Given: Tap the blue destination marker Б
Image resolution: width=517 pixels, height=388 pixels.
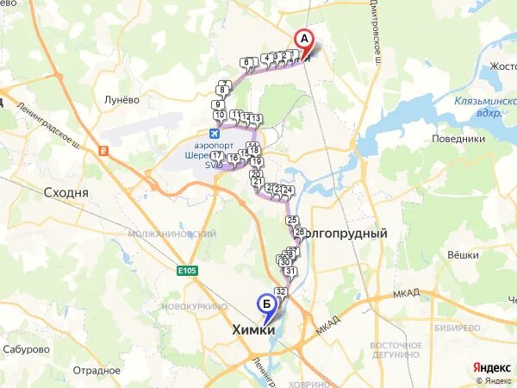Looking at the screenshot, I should (x=267, y=304).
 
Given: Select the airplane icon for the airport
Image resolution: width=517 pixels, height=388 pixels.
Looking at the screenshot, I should (x=215, y=133).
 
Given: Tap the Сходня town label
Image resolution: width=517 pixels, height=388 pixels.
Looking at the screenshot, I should (x=65, y=193).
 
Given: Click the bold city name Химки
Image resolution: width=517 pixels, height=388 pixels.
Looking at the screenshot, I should (x=254, y=330).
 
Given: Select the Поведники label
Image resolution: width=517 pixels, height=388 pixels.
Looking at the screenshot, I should (x=458, y=139).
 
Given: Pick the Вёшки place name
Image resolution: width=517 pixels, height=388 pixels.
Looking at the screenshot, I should (x=463, y=255).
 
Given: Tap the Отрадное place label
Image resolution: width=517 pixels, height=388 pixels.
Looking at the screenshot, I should (x=97, y=370).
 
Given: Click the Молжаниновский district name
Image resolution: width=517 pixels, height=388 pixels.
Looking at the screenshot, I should (x=171, y=234).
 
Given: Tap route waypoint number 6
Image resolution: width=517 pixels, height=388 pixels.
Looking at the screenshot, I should (x=247, y=62).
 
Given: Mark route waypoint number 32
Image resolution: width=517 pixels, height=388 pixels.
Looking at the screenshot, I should (x=280, y=291).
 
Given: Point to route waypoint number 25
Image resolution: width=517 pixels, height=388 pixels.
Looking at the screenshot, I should (x=291, y=221).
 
